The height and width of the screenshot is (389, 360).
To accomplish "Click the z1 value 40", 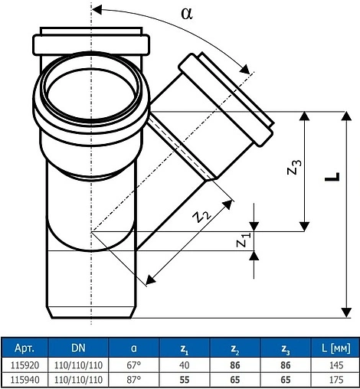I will click(185, 365).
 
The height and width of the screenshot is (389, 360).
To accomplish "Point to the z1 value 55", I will click(185, 379).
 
